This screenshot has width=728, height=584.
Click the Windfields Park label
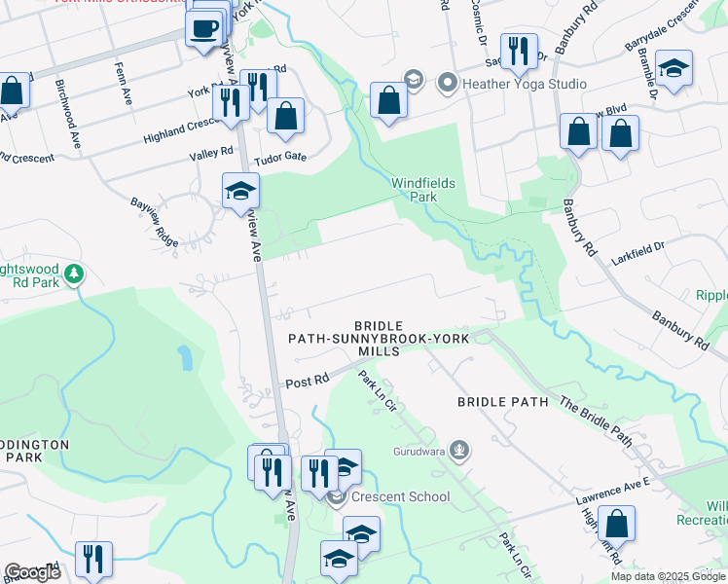click(423, 190)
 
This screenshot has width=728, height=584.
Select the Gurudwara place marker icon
click(460, 451)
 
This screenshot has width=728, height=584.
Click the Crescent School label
click(401, 497)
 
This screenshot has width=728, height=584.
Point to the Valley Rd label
click(213, 152)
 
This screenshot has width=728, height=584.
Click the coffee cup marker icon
click(204, 27)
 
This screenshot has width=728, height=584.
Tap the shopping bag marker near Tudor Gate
click(286, 116)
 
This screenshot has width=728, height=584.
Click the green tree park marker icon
click(73, 275)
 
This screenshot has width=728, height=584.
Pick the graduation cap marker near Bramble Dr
click(673, 68)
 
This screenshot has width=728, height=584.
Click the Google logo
click(32, 572)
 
